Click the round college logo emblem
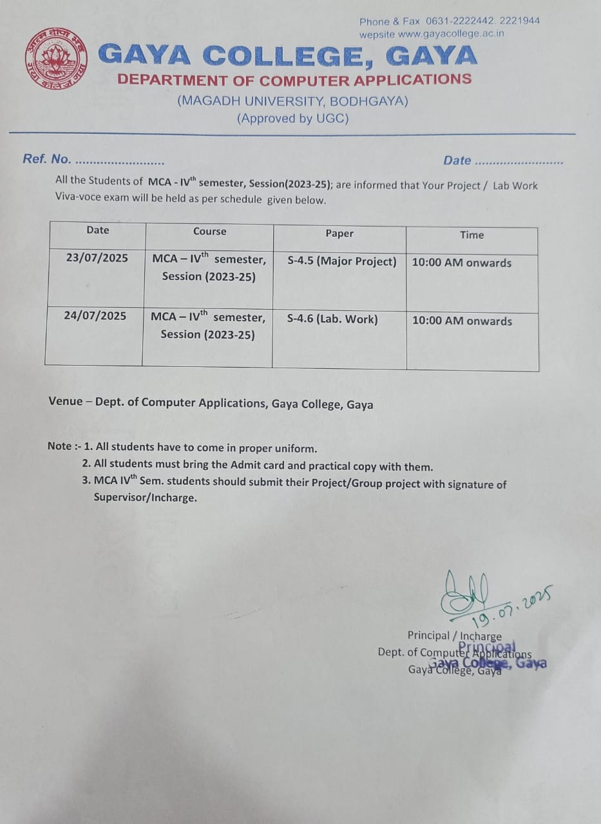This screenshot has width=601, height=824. pos(57,59)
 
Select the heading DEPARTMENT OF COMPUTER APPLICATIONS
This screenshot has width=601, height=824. pos(294,80)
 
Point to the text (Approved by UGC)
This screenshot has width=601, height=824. pos(293,118)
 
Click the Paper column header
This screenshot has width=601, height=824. pos(339,234)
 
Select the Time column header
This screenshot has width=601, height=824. pos(472,235)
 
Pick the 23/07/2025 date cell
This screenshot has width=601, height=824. pos(97,257)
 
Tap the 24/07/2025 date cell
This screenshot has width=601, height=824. pos(95,315)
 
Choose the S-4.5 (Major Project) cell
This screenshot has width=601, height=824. pos(342,261)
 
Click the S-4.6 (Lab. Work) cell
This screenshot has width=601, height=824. pos(332,319)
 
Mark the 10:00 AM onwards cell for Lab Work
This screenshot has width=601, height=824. pos(463,321)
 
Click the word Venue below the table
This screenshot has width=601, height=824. pos(66,402)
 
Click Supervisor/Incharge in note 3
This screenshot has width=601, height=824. pos(145,497)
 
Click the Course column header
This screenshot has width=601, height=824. pos(210,231)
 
